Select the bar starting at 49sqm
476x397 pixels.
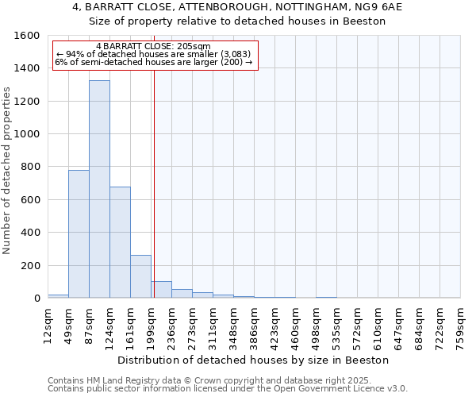click(79, 234)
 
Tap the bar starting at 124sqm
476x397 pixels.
click(120, 242)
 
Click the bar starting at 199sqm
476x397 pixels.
click(161, 290)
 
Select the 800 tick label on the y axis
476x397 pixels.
click(30, 168)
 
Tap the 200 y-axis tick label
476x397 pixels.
click(30, 266)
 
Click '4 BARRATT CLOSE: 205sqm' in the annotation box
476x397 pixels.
click(152, 46)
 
